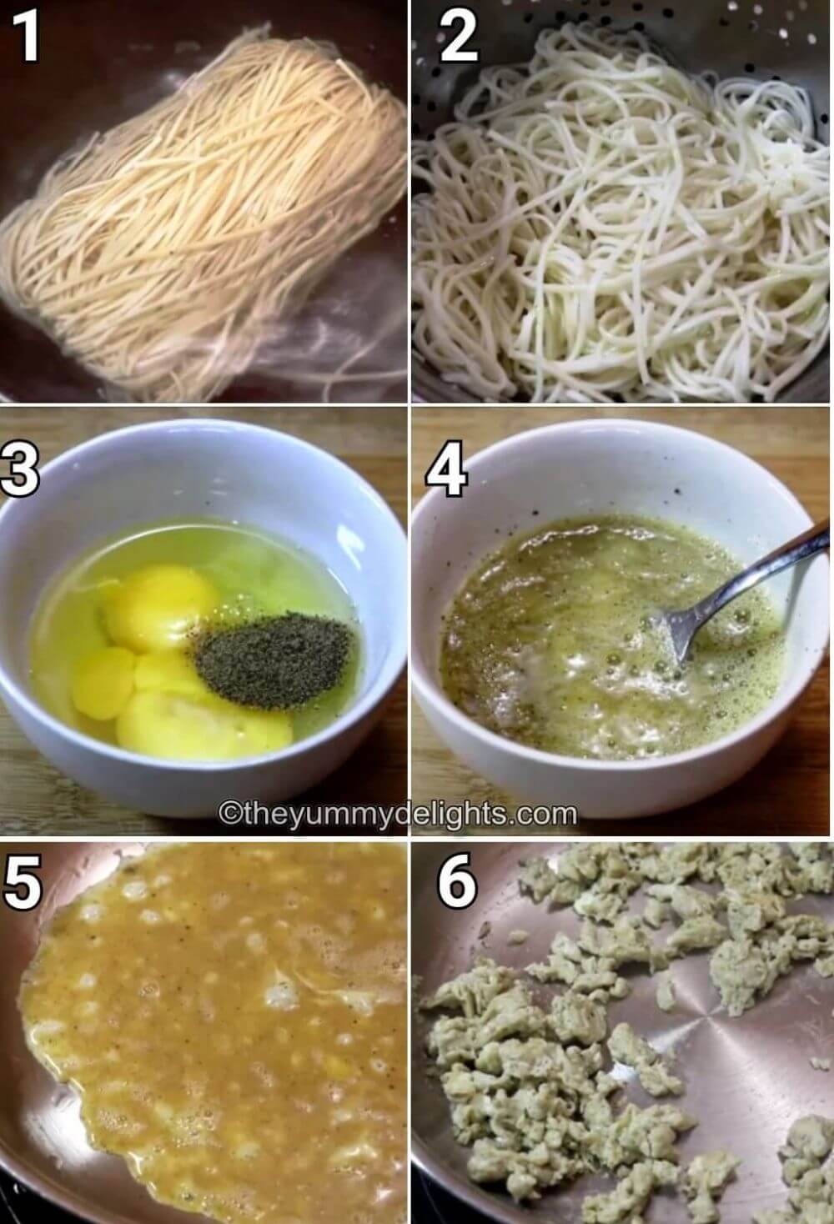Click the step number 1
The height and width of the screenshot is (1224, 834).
[x=26, y=38]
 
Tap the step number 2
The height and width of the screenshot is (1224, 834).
[x=459, y=38]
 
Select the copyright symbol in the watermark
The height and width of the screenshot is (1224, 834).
[x=228, y=814]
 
